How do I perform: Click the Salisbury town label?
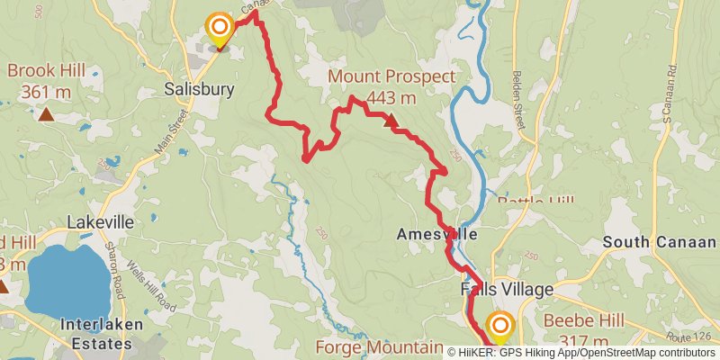coord(199,89)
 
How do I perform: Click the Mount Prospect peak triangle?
coord(391,119)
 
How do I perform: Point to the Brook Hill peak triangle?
coord(45,114)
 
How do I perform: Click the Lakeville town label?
coord(100,221)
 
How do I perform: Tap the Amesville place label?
coord(436,234)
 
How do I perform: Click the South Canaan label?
coord(660,242)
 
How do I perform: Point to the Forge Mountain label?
coord(378,347)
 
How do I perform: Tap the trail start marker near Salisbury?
coord(219,28)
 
